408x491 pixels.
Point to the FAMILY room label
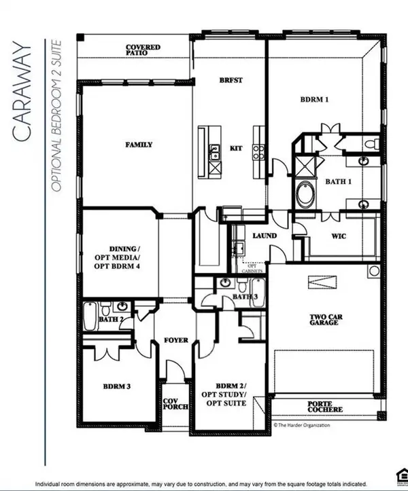tap(138, 145)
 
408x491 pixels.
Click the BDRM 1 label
tap(315, 100)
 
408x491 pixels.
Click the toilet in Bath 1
tap(370, 143)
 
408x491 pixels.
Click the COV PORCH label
tap(169, 405)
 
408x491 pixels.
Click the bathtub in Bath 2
tap(91, 316)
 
